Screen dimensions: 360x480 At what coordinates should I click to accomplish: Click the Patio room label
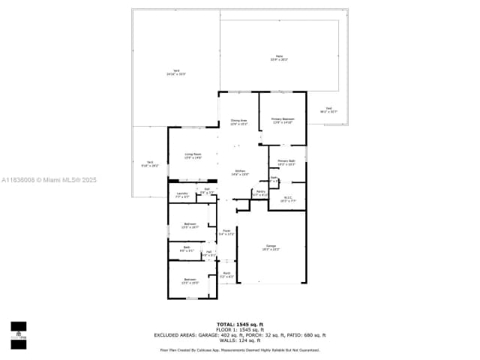click(x=279, y=58)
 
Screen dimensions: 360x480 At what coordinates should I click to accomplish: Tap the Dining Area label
click(x=239, y=121)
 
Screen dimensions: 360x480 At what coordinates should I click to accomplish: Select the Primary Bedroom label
click(x=283, y=121)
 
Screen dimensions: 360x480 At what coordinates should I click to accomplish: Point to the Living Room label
click(x=193, y=155)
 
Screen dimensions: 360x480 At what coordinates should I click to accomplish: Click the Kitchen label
click(x=239, y=172)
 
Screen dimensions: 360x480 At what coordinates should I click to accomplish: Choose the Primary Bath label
click(x=286, y=162)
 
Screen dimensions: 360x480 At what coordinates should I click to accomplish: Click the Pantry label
click(x=260, y=193)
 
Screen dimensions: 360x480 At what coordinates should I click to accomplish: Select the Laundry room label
click(x=181, y=195)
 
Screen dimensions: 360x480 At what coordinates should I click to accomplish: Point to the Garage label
click(x=271, y=247)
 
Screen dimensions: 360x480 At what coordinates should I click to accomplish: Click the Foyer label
click(x=226, y=232)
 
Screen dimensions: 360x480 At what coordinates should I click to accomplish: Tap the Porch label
click(x=226, y=274)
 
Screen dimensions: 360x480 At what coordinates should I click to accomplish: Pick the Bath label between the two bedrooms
click(x=185, y=249)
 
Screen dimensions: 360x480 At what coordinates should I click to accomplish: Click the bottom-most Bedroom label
click(x=190, y=281)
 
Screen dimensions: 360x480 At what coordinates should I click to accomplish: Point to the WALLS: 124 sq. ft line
click(x=239, y=340)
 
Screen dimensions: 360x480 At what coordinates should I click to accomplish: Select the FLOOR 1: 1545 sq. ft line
click(x=239, y=330)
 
